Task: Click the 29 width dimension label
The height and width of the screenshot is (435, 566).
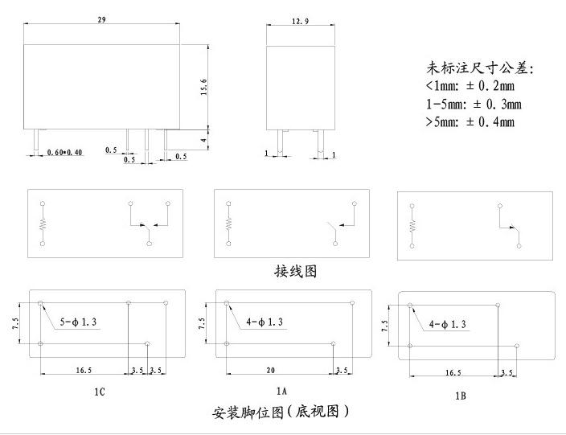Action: [102, 19]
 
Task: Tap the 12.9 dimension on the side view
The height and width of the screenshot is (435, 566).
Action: [301, 21]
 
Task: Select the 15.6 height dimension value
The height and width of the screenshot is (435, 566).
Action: [203, 87]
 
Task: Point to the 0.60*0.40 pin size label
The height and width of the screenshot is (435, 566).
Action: [64, 152]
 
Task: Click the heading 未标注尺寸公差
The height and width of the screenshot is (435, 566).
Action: [480, 68]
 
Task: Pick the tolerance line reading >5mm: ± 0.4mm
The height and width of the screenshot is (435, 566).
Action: [470, 121]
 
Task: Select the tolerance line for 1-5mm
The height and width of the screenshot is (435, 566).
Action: [474, 104]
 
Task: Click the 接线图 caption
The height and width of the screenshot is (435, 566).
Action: [296, 271]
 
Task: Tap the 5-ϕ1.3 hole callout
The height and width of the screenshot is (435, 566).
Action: [78, 322]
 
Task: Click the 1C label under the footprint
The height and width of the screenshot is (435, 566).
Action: [100, 392]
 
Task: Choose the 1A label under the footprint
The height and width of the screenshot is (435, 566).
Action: [281, 391]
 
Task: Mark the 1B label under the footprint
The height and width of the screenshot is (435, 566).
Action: [461, 396]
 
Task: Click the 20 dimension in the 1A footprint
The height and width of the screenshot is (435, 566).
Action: [271, 370]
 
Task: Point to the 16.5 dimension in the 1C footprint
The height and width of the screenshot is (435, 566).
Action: [84, 370]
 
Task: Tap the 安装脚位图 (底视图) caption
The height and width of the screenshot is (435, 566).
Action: [281, 412]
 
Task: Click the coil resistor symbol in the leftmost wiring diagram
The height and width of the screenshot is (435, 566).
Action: [43, 224]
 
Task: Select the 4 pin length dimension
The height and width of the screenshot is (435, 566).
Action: [204, 140]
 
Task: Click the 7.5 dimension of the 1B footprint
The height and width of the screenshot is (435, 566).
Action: [385, 326]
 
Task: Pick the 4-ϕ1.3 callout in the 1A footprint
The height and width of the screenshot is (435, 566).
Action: [265, 322]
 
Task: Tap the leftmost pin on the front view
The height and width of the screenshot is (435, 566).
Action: [36, 139]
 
